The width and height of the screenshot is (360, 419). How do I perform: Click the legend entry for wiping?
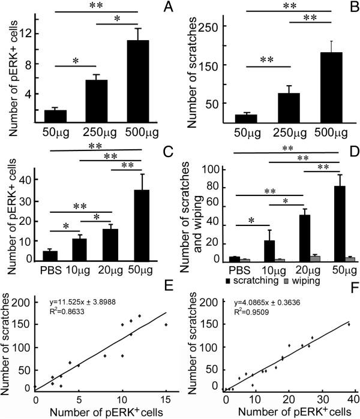tap(304, 279)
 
